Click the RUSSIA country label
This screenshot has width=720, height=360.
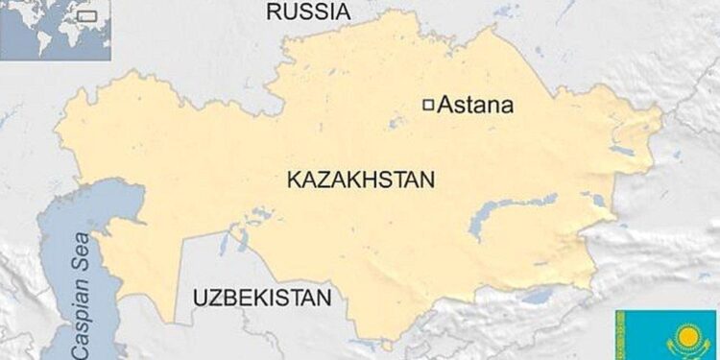(307, 12)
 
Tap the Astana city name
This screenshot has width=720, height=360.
(475, 106)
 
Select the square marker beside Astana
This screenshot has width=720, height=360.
(429, 105)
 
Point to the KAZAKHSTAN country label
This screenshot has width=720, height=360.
(360, 180)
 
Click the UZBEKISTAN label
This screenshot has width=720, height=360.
(261, 297)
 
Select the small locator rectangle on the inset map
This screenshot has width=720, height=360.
(87, 15)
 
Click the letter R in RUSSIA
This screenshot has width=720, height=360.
(273, 12)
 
